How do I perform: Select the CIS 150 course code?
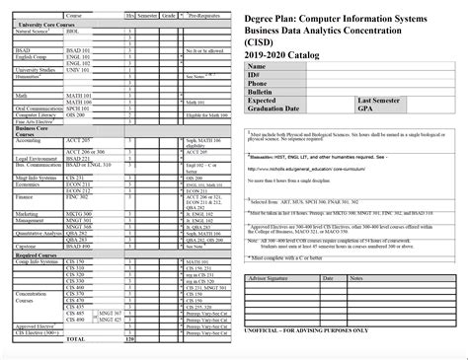tap(75, 260)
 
